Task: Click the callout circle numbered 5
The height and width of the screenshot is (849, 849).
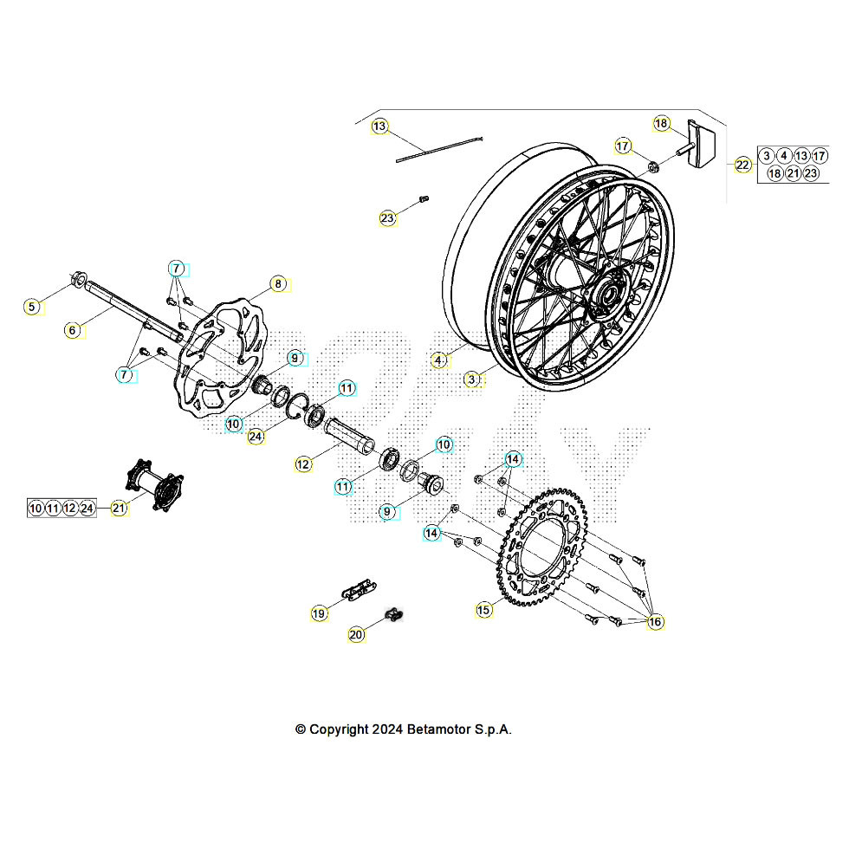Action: [32, 307]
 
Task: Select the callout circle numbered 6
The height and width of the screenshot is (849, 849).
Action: [73, 330]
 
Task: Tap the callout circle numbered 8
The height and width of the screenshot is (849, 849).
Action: [277, 284]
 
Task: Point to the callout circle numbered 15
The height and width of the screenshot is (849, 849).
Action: [483, 610]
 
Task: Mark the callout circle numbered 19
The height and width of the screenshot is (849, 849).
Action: [319, 613]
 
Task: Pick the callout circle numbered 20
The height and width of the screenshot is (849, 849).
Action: [357, 635]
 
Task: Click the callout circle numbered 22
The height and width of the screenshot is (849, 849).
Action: [743, 165]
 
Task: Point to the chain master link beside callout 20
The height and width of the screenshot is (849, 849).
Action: [395, 616]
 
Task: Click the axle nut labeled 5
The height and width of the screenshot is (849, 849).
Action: [77, 280]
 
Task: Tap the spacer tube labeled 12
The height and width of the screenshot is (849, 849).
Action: [351, 434]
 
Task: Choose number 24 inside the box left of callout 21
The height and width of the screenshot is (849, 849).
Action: [87, 509]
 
